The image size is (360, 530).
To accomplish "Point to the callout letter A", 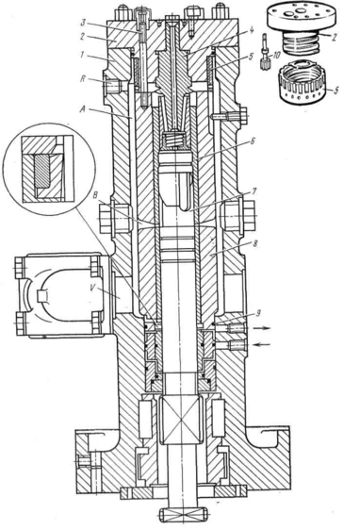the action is click(x=82, y=108).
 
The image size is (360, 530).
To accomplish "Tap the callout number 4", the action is click(x=251, y=30).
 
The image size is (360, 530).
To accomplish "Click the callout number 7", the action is click(x=254, y=192).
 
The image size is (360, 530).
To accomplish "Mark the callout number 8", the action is click(x=255, y=244).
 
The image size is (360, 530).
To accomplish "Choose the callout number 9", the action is click(x=257, y=314).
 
